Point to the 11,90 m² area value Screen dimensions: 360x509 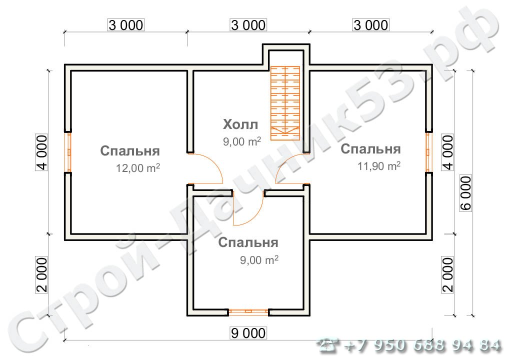378,166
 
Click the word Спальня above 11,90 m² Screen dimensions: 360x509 370,149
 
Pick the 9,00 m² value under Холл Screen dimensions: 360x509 242,141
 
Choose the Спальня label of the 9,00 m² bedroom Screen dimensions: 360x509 248,243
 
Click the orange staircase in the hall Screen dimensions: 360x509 284,102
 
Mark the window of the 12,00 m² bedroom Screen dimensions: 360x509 67,152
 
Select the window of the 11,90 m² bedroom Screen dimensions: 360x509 428,152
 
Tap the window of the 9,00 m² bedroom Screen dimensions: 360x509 248,312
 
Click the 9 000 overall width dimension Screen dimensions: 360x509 248,332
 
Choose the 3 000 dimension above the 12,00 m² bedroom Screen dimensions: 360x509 125,24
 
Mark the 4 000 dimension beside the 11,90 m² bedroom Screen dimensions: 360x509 448,152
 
